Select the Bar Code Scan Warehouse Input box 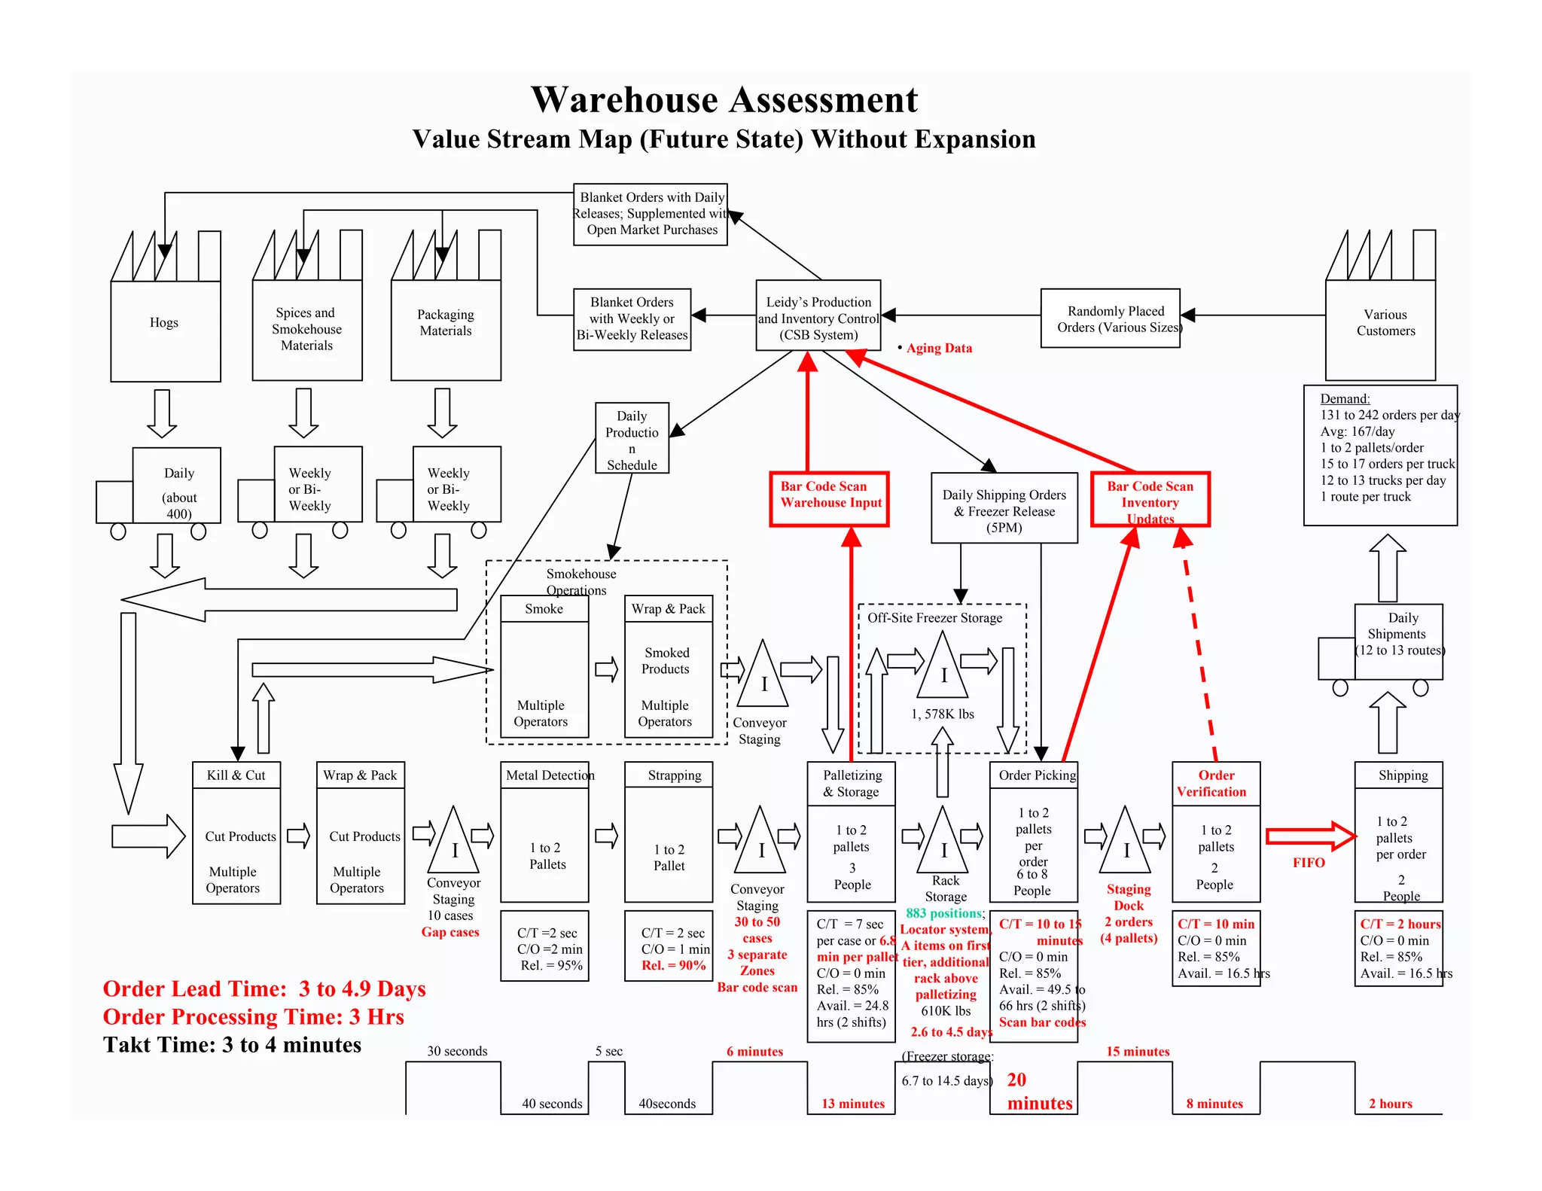click(x=830, y=498)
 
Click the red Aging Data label click(x=939, y=348)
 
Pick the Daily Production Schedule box click(x=632, y=438)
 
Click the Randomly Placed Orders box click(x=1111, y=318)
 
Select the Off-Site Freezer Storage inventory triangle click(x=943, y=669)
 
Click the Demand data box click(x=1380, y=455)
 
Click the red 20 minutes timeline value click(x=1039, y=1092)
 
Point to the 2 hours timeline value click(x=1390, y=1104)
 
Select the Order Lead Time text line click(x=264, y=988)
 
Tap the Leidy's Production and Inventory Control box click(x=818, y=318)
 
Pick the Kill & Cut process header click(x=236, y=775)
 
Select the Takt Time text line click(x=232, y=1045)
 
